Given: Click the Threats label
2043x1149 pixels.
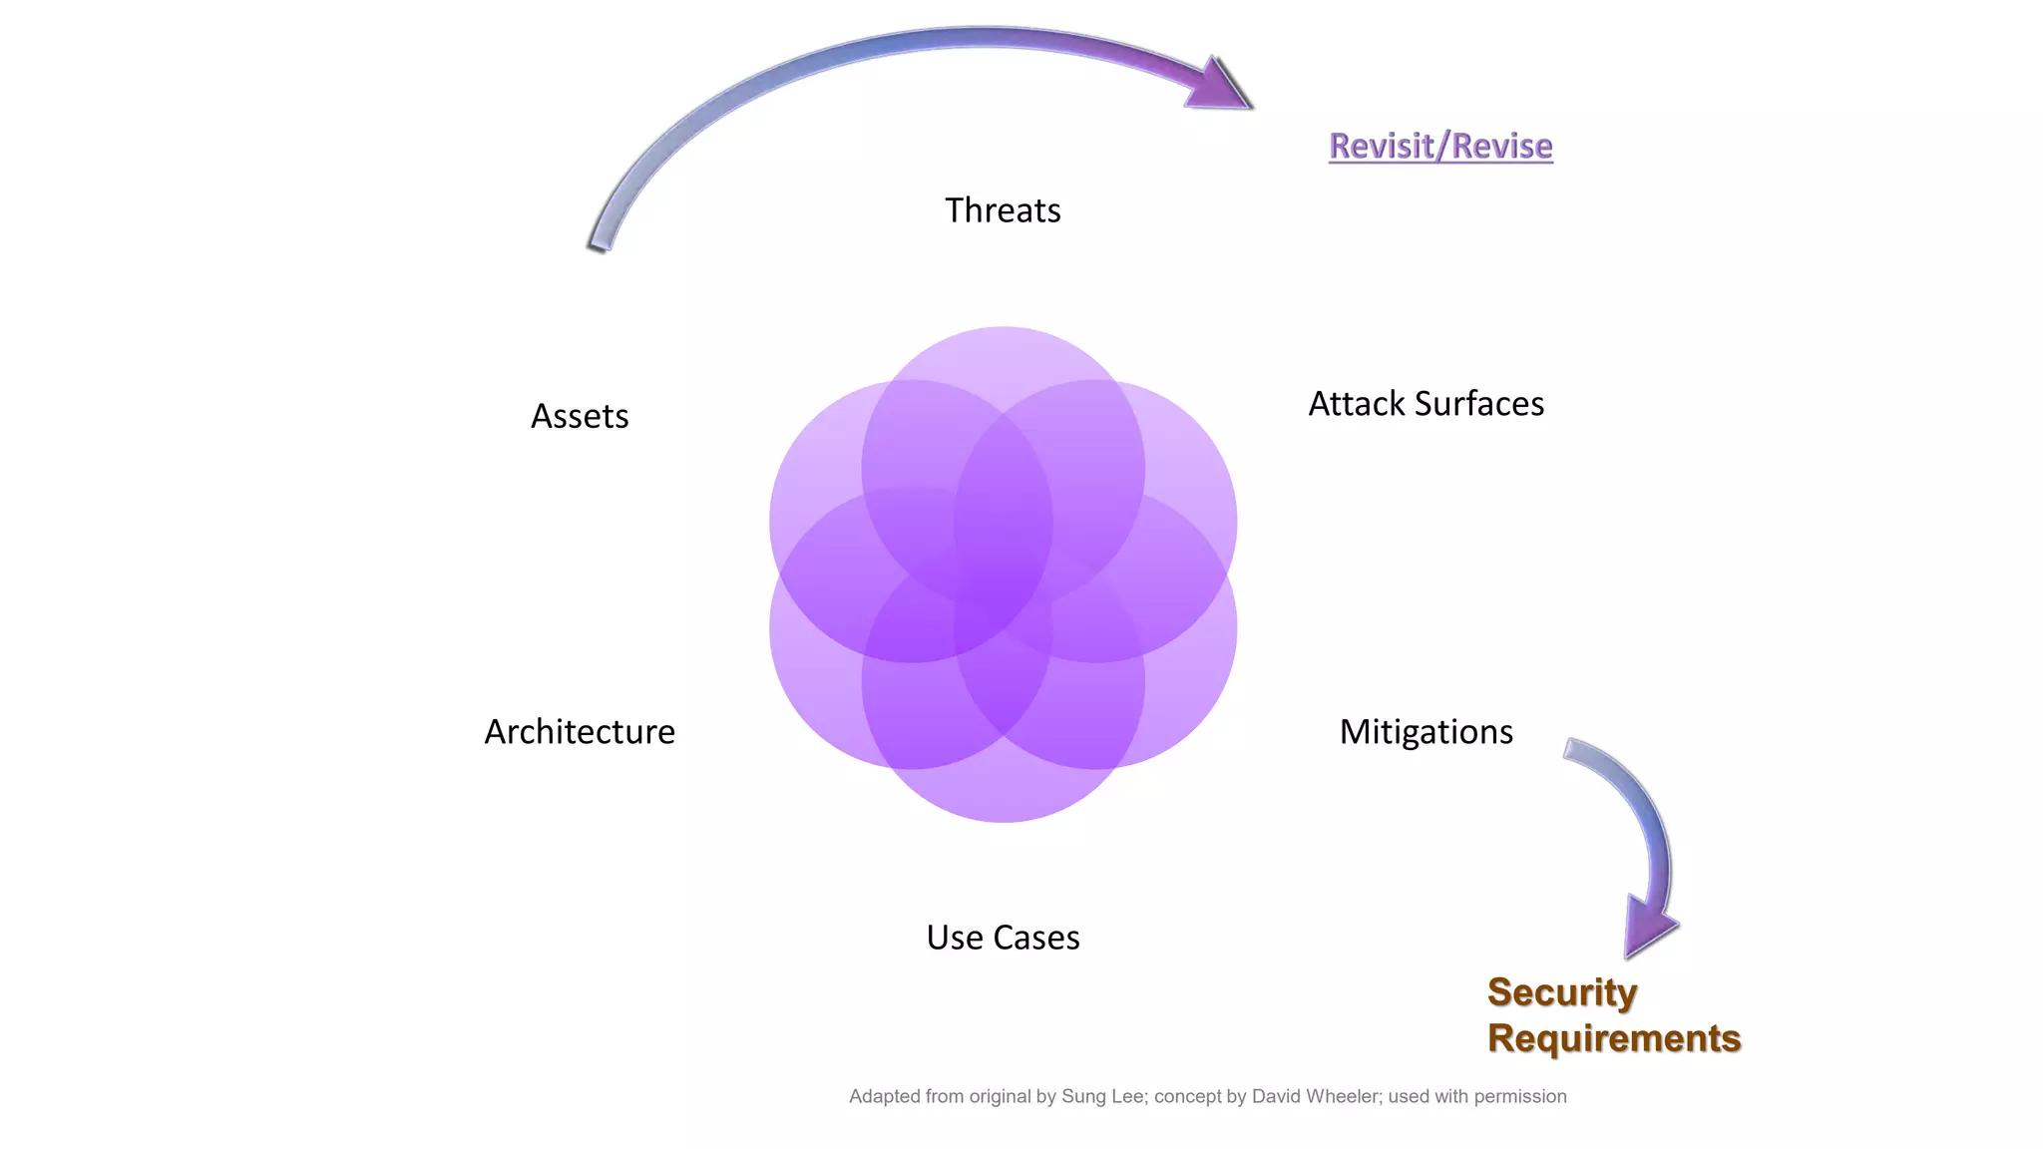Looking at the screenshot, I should (x=1003, y=210).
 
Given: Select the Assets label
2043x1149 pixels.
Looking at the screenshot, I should (x=580, y=416).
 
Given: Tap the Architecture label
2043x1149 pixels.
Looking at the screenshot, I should (x=580, y=732).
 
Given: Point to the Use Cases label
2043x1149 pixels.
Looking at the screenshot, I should (x=1003, y=938).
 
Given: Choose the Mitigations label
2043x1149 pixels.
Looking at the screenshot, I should (x=1426, y=732).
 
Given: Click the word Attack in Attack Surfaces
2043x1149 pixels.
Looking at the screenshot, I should (x=1357, y=404).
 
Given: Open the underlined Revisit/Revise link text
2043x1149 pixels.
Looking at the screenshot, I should (x=1440, y=146).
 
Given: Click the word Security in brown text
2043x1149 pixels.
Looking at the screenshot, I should (x=1562, y=992).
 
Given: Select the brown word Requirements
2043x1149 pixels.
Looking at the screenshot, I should (x=1614, y=1038).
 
